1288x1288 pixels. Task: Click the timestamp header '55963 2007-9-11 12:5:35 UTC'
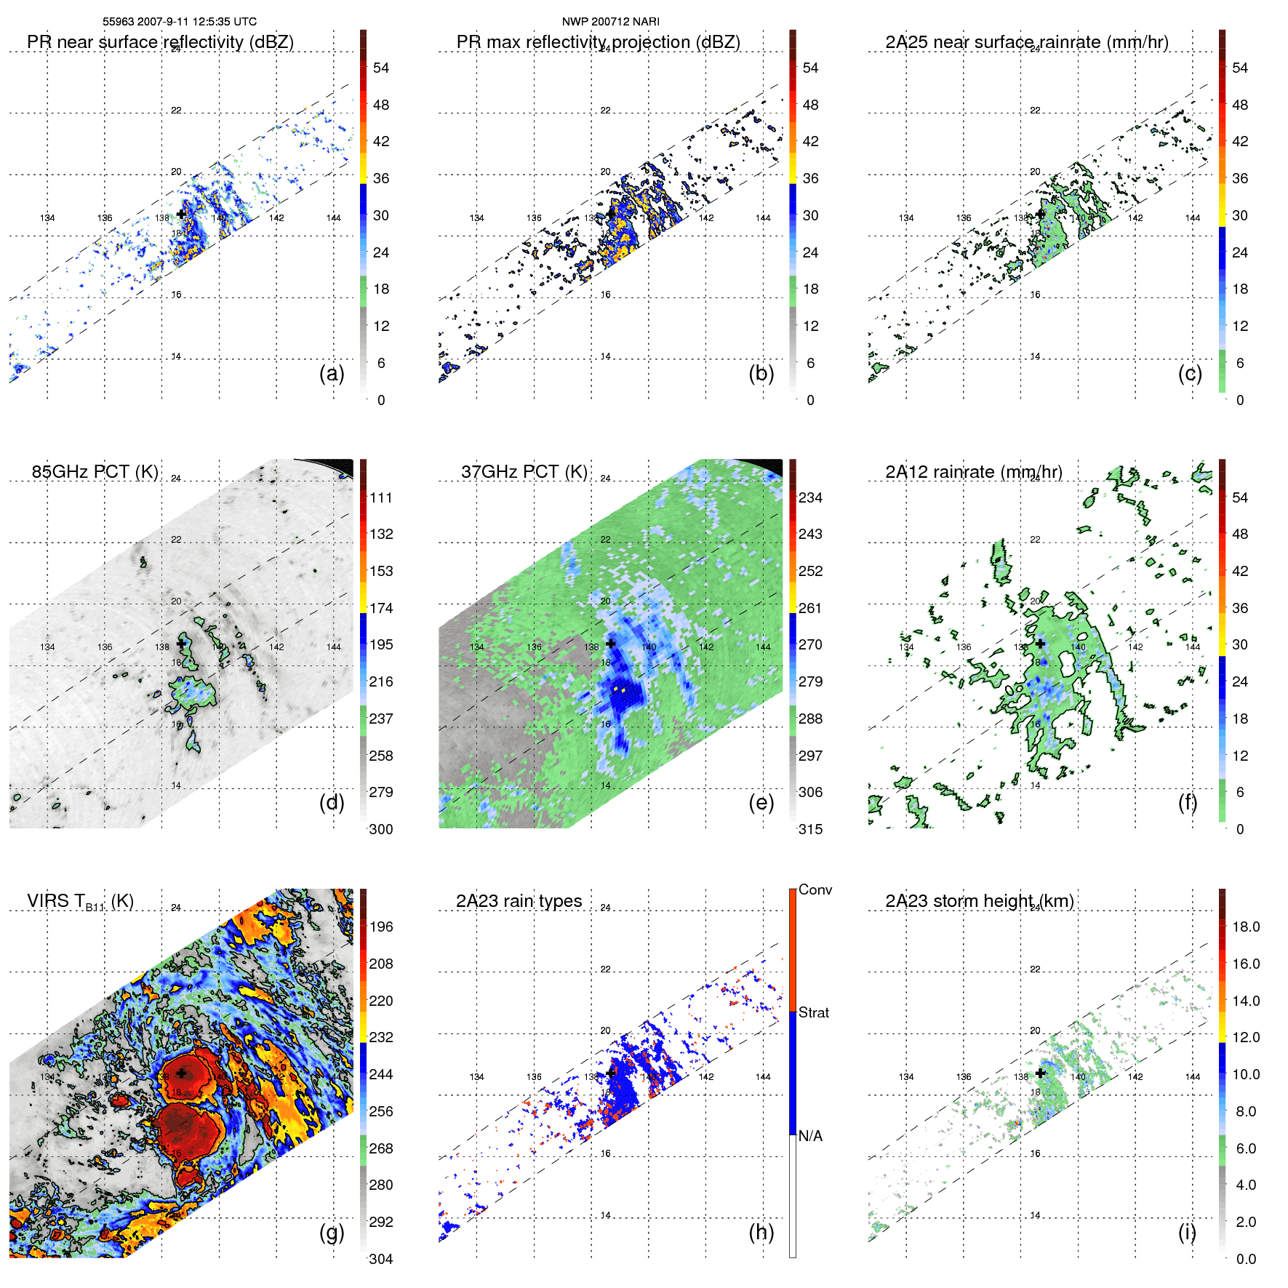[180, 22]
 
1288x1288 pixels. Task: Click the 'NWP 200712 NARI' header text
[610, 22]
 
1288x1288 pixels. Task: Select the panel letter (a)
[332, 373]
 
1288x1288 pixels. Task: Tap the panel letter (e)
[761, 802]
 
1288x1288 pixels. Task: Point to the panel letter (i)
[1187, 1232]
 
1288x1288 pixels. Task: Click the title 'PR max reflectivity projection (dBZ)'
[598, 42]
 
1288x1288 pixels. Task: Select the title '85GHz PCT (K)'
[95, 472]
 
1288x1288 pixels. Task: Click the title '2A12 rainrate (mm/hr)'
[974, 472]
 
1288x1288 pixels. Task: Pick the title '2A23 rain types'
[519, 901]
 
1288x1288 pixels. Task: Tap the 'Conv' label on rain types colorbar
[815, 890]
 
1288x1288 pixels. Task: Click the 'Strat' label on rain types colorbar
[814, 1013]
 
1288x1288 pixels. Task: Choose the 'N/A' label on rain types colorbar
[810, 1136]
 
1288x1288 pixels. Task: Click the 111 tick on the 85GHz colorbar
[381, 498]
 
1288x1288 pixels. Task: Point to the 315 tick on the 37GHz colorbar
[810, 829]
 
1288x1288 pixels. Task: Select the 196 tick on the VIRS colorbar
[381, 927]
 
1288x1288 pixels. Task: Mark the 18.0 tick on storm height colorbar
[1246, 927]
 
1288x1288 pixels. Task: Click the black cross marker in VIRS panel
[181, 1073]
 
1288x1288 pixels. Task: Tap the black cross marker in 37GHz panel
[611, 644]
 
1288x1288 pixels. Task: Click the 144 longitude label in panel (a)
[333, 217]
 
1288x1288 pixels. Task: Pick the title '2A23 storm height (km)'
[979, 901]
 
